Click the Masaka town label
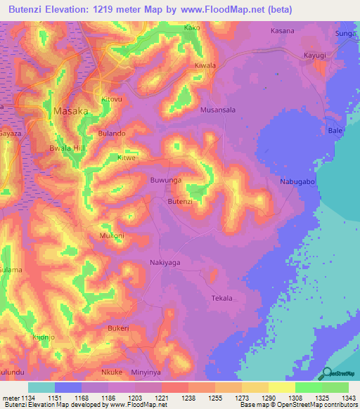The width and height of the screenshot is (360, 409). pyautogui.click(x=71, y=111)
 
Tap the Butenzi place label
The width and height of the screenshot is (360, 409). pyautogui.click(x=179, y=202)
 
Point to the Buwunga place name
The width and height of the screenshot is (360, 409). pyautogui.click(x=167, y=181)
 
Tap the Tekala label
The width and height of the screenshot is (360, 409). pyautogui.click(x=221, y=299)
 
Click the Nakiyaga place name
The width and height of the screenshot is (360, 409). pyautogui.click(x=165, y=262)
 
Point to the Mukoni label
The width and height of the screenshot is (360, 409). pyautogui.click(x=112, y=235)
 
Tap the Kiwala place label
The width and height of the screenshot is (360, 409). pyautogui.click(x=205, y=65)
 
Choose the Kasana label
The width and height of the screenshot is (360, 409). pyautogui.click(x=283, y=32)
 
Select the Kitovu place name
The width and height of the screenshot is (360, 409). pyautogui.click(x=112, y=99)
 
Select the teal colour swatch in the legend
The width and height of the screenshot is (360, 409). pyautogui.click(x=41, y=387)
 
